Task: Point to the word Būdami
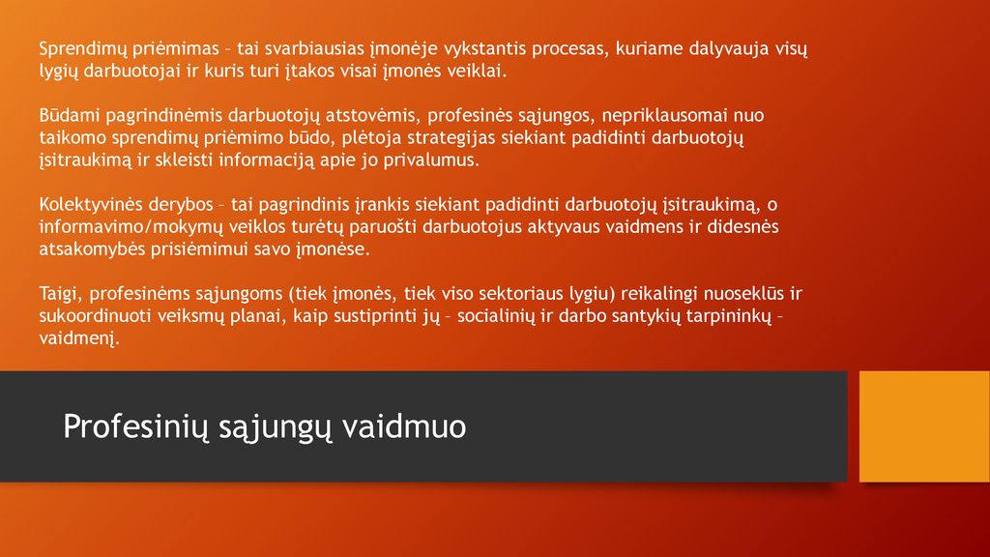click(70, 115)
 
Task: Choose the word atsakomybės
click(92, 249)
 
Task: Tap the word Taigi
click(61, 294)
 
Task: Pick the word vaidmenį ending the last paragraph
click(79, 337)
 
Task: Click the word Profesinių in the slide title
click(135, 426)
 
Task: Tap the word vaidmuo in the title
click(404, 426)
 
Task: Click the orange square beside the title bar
click(924, 426)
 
